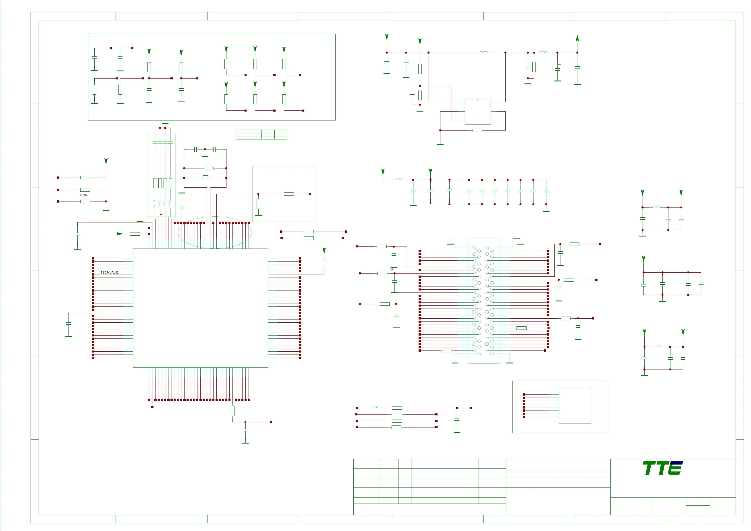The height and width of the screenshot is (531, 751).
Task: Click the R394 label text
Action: click(84, 195)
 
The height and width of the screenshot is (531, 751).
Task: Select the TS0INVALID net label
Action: click(109, 273)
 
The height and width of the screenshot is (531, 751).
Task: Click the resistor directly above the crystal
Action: click(209, 168)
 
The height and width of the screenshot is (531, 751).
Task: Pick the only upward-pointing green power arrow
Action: click(577, 38)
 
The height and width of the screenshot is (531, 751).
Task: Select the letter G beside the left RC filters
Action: click(392, 269)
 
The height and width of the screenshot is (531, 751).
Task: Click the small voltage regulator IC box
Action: click(477, 111)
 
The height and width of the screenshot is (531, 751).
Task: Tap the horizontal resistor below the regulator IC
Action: click(477, 130)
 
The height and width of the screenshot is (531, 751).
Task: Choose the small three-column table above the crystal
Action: click(261, 135)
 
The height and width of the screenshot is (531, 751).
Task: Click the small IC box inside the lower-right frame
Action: click(575, 406)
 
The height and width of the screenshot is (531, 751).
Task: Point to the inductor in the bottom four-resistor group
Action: click(375, 408)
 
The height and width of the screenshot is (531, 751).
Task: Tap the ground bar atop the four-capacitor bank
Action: click(165, 124)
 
